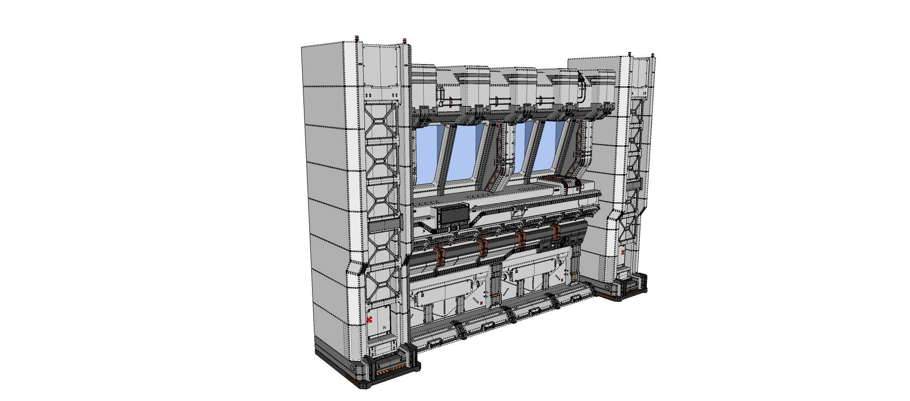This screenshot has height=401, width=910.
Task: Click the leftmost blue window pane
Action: [x=427, y=155]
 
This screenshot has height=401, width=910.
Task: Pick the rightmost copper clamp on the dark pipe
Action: [x=555, y=231]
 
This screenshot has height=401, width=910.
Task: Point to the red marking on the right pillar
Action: [x=622, y=252]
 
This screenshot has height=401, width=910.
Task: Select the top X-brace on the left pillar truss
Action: [x=381, y=120]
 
